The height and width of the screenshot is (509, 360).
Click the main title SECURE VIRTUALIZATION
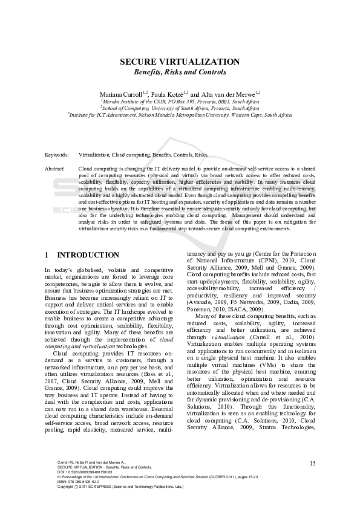[180, 62]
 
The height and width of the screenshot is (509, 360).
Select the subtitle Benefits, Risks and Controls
[180, 72]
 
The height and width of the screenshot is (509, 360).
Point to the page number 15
[312, 464]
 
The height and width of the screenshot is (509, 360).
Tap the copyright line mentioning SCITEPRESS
[120, 485]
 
